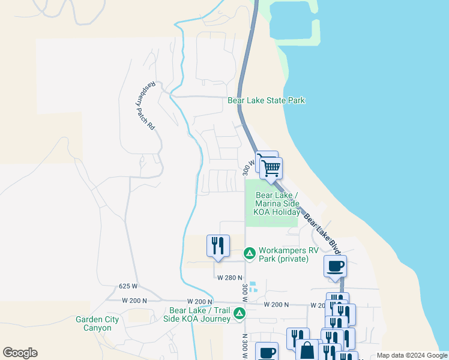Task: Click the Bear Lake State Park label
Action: pos(267,100)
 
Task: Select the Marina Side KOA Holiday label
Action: pos(277,204)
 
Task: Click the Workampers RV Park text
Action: pos(283,254)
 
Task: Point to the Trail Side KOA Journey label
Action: pos(200,314)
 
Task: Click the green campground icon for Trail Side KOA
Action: pos(240,313)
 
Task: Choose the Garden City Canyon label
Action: pos(93,324)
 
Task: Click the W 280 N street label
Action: pos(229,278)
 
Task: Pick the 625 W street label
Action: pos(128,287)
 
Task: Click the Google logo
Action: pos(20,353)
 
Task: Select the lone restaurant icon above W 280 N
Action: pos(218,245)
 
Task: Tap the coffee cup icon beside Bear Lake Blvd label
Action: pos(335,266)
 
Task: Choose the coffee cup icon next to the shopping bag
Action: pos(267,352)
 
